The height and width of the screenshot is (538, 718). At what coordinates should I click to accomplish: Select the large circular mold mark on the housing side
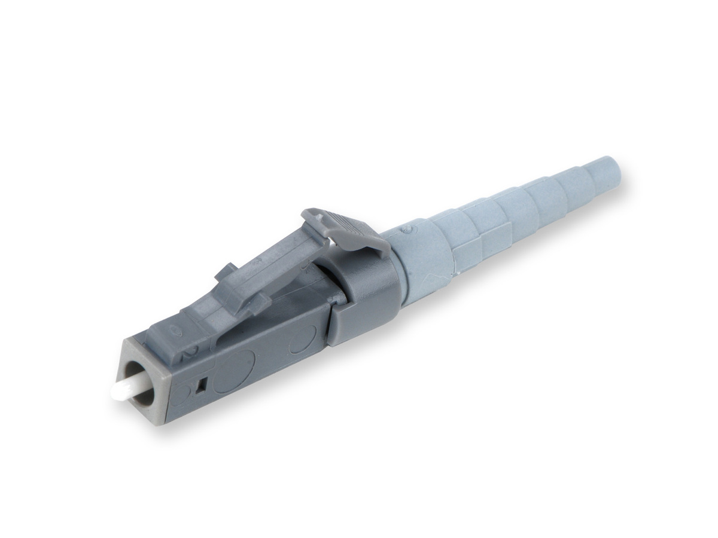(234, 371)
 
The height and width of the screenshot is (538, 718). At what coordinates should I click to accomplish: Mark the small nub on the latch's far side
(222, 270)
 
